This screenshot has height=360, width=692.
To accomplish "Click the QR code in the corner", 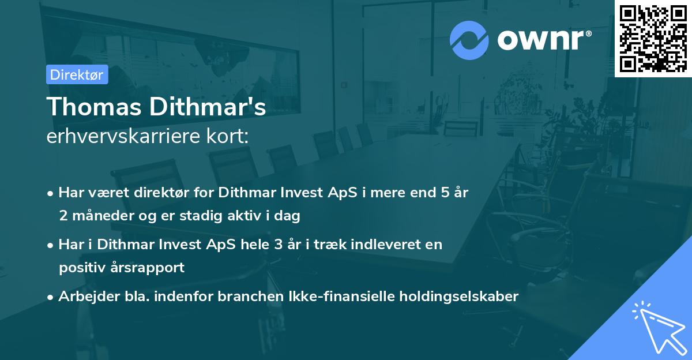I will [653, 39].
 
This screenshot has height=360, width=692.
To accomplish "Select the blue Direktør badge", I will [77, 74].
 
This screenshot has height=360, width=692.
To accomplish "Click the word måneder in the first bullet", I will [98, 216].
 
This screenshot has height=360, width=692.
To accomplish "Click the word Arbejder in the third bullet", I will [84, 297].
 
